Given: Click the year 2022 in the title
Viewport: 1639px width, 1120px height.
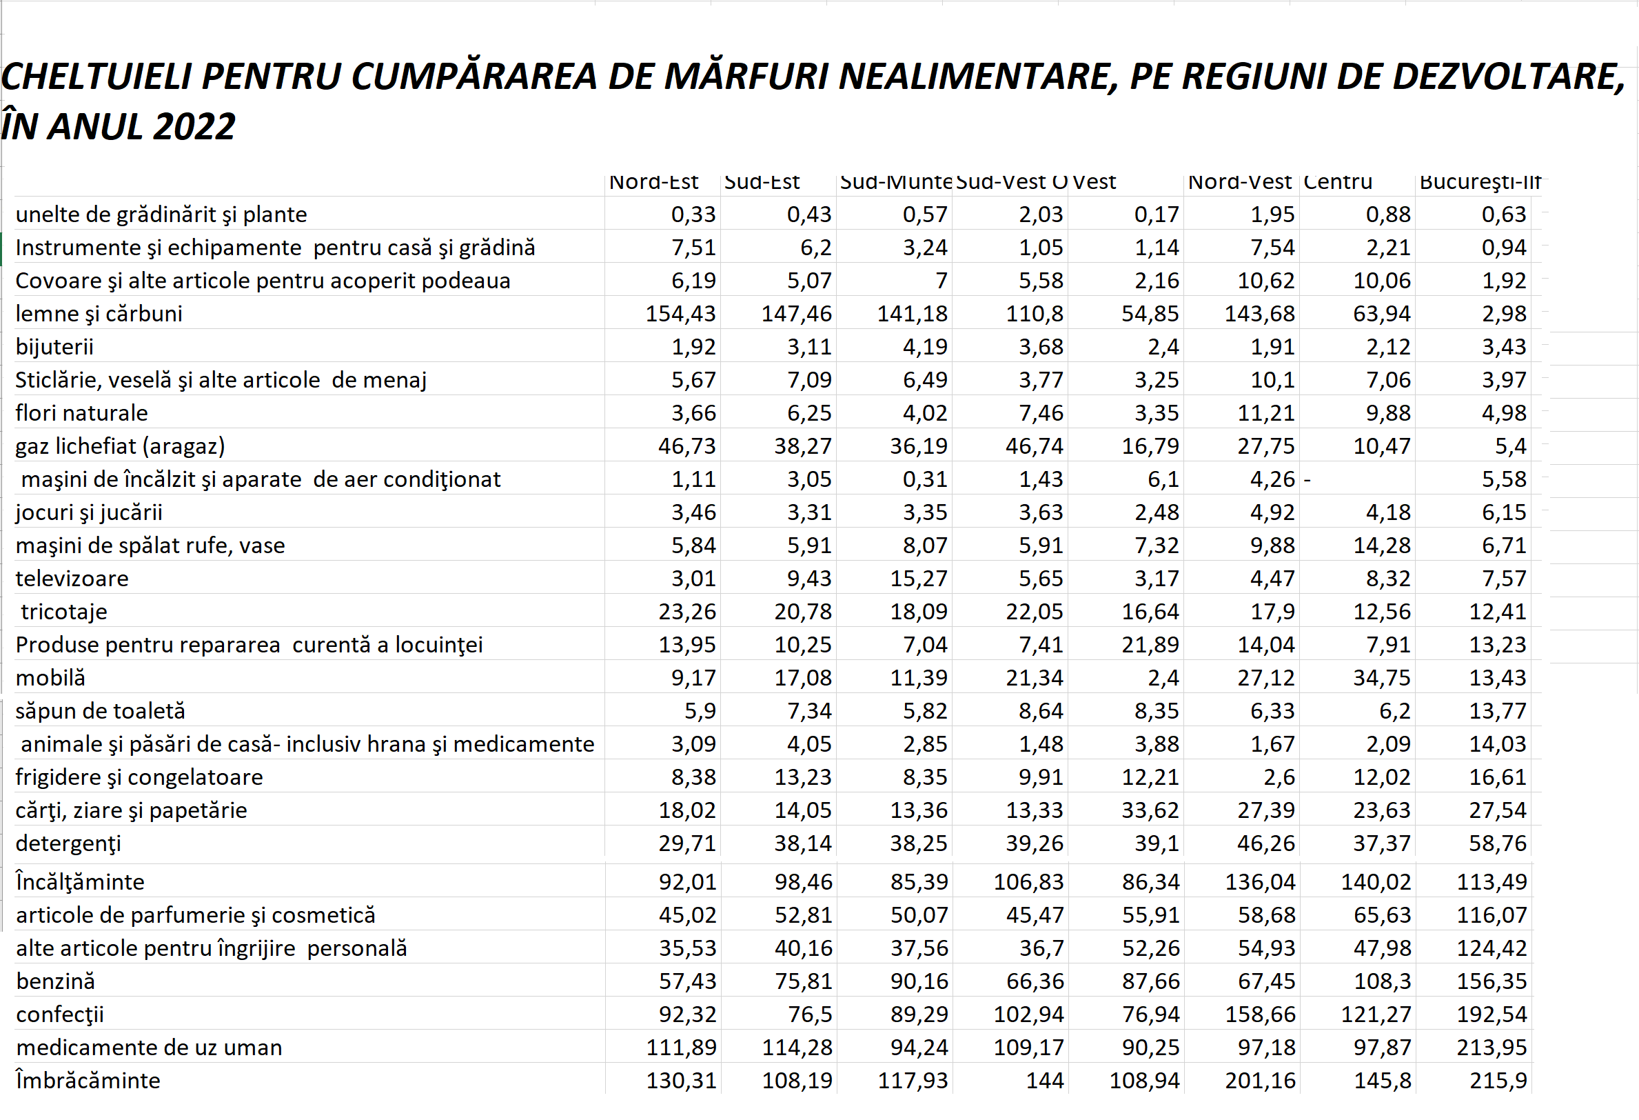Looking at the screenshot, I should coord(193,127).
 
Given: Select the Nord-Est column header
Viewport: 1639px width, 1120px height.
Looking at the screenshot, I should coord(653,182).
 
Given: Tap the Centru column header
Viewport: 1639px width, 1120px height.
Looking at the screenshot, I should coord(1337,182).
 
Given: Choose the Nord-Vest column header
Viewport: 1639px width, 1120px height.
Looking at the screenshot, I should coord(1239,182).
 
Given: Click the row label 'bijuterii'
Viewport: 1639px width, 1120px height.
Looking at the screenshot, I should coord(54,346).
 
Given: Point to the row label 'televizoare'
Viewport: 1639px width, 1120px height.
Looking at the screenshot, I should coord(72,578).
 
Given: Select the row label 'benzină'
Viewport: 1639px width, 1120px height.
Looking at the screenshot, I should coord(55,981).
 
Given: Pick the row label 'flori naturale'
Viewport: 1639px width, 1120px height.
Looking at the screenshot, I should coord(82,413).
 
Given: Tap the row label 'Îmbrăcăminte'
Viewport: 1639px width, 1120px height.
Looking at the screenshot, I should coord(88,1081).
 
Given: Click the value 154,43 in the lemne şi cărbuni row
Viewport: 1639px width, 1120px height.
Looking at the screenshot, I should coord(680,313).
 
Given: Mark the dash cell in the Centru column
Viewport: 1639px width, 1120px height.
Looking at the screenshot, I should coord(1307,479).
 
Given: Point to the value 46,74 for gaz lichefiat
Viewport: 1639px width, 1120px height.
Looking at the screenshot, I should coord(1034,446).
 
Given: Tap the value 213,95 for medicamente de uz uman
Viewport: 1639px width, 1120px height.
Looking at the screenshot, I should coord(1492,1048).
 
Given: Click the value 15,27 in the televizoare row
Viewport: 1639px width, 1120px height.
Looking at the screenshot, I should coord(918,578).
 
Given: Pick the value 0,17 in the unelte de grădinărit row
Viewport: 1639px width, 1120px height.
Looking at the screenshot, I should coord(1156,214).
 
